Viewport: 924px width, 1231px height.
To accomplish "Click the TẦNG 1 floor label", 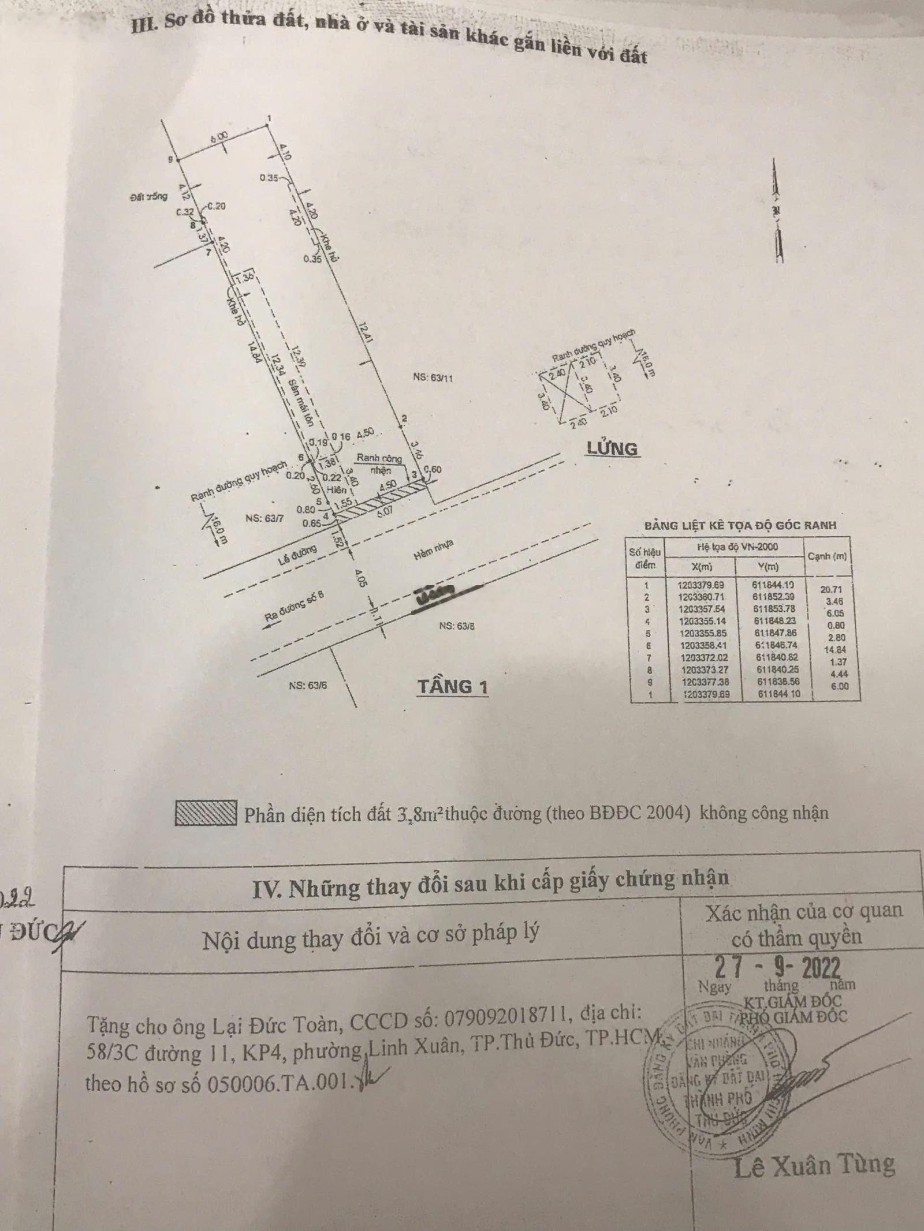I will click(x=453, y=687).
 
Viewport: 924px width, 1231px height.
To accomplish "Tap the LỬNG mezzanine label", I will click(x=612, y=448).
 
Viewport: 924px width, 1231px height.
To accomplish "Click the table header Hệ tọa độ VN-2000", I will click(x=733, y=547).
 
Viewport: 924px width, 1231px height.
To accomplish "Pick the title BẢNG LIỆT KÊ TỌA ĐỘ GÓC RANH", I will click(x=739, y=526).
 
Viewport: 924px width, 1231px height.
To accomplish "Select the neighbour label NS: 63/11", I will click(x=433, y=378).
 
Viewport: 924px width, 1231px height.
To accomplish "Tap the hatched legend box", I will click(x=206, y=813).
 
